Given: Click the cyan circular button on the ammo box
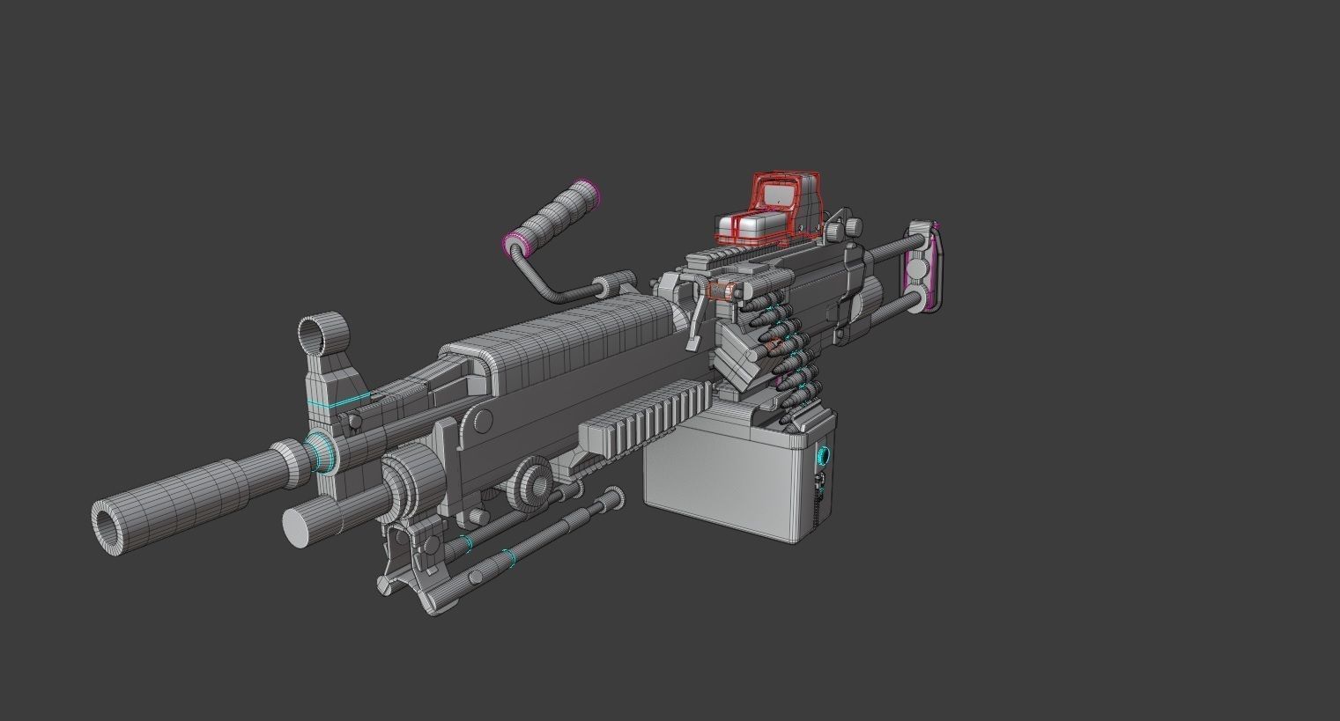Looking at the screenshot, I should tap(825, 456).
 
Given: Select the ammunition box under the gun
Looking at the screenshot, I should tap(722, 480).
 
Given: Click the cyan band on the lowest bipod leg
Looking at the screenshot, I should tap(507, 557).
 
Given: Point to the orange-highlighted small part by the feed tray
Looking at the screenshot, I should tap(722, 290).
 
